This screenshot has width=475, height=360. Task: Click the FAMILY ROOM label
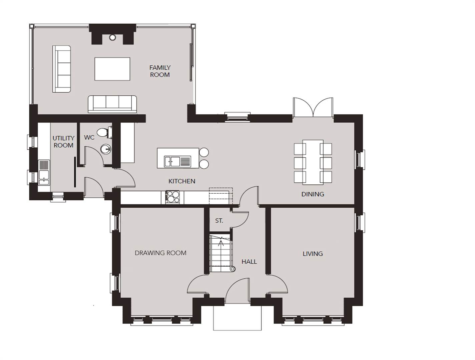point(160,71)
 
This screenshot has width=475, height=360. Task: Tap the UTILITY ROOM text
point(63,142)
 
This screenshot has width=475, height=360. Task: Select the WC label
point(89,137)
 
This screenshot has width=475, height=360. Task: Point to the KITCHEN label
point(182,181)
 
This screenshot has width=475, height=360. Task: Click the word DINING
point(313,194)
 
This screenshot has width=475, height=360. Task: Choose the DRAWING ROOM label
point(160,253)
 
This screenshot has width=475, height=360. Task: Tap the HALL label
point(249,262)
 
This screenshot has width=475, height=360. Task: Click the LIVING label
point(313,254)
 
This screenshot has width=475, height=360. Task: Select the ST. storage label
point(219,221)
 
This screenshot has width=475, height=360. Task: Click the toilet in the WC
point(104,132)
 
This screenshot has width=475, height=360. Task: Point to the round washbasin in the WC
point(106,149)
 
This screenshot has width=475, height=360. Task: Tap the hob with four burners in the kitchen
point(172,197)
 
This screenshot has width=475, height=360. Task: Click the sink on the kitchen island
point(177,162)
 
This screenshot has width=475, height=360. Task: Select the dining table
point(313,162)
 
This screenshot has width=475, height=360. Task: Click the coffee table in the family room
point(112,69)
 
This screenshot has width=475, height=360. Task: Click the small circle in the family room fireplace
point(112,37)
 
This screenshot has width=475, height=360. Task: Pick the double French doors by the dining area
point(313,107)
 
